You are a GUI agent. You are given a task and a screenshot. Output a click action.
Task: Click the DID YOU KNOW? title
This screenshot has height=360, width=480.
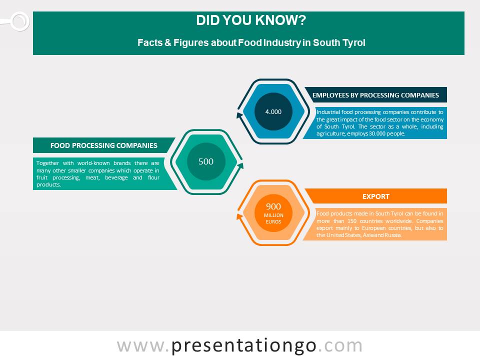pos(251,20)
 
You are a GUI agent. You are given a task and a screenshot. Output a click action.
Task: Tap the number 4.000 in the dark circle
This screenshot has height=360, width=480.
pos(273,111)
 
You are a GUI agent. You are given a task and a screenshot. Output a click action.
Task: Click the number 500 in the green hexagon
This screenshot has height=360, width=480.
pos(206,161)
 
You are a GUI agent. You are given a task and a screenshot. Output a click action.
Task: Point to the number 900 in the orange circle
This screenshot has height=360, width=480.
pos(273,206)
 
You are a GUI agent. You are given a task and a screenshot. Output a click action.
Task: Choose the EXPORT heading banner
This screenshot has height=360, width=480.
pos(376,196)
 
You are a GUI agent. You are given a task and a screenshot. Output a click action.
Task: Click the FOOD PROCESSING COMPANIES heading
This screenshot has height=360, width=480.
pos(104,145)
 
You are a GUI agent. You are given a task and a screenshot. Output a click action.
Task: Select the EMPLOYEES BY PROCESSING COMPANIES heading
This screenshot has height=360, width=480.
pos(375,95)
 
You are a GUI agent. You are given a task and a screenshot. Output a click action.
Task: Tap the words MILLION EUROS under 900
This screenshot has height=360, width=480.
pos(273,218)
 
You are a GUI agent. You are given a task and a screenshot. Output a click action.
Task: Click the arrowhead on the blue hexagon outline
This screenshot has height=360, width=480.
pos(239,115)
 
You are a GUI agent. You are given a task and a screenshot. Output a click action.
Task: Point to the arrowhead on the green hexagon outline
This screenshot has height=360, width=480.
pos(240,166)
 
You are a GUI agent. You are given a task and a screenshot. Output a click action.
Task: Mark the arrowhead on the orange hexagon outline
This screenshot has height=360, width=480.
pos(239,216)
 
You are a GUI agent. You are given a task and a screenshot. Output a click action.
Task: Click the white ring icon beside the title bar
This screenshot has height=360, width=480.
pos(20,21)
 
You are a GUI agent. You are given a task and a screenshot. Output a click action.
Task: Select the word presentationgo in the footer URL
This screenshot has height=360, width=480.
pos(243,346)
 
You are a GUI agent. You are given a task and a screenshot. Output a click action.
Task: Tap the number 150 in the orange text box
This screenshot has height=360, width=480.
pos(352,221)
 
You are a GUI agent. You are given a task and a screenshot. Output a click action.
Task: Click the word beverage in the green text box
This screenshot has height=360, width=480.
pos(116,178)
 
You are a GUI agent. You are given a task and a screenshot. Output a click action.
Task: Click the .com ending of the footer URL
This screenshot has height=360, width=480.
pos(340,346)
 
